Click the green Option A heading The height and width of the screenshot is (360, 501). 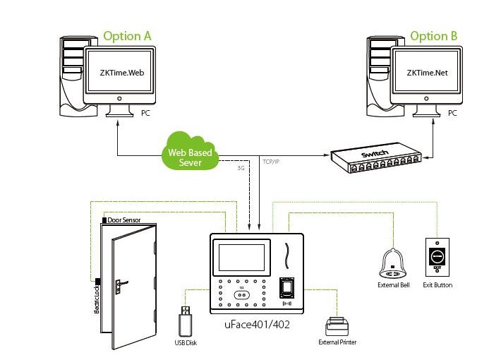(x=127, y=35)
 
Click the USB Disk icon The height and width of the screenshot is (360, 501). (x=185, y=322)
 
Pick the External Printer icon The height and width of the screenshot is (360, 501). (x=337, y=326)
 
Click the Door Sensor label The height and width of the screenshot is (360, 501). (x=124, y=220)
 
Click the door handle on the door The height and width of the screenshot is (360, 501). (x=121, y=284)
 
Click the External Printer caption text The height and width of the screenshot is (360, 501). (x=337, y=342)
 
